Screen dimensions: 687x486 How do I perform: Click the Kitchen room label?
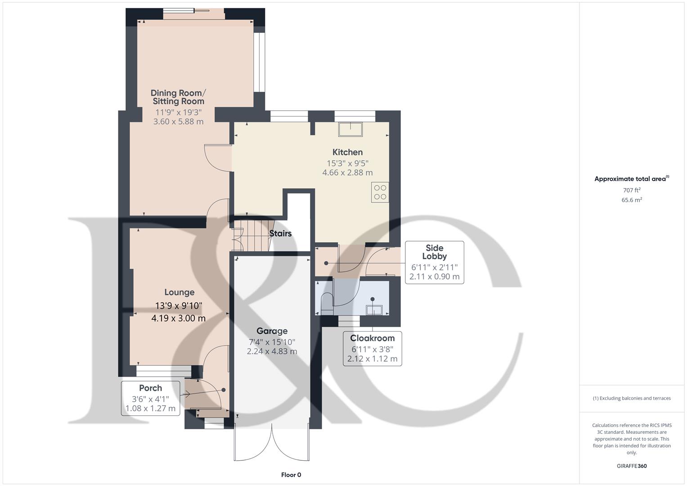[x=347, y=152]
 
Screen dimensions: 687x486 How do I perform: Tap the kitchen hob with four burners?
[x=380, y=193]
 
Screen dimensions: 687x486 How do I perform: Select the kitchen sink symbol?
[x=350, y=129]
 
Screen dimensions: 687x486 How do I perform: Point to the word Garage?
[x=272, y=331]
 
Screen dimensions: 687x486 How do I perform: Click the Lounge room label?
[x=180, y=292]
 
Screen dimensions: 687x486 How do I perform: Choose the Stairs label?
[x=280, y=234]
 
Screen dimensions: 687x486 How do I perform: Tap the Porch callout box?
[x=151, y=398]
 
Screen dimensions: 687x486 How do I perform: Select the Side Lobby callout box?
[x=435, y=262]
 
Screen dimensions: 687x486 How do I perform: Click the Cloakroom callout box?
[x=373, y=349]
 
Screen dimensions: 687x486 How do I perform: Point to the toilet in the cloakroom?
[x=326, y=304]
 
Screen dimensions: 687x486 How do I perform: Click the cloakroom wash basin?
[x=374, y=310]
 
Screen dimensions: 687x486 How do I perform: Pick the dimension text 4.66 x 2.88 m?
[x=347, y=173]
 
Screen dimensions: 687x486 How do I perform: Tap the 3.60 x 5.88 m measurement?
[x=178, y=122]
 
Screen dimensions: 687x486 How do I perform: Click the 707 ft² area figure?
[x=632, y=190]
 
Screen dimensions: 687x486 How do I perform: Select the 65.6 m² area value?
[x=632, y=200]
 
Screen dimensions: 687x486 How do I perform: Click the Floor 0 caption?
[x=291, y=475]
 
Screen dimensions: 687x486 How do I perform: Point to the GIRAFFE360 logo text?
[x=632, y=466]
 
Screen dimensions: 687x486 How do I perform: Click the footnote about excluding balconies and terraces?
[x=632, y=398]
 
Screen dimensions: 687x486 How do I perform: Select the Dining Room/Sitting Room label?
[x=178, y=97]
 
